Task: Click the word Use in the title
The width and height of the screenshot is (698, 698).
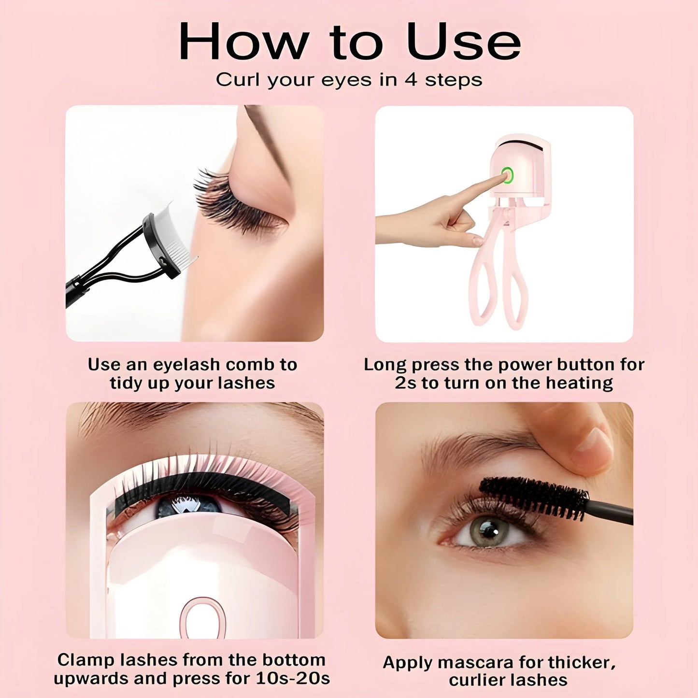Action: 464,42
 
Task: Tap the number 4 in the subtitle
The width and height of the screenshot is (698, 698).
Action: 411,80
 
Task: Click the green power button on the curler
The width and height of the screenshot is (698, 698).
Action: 507,175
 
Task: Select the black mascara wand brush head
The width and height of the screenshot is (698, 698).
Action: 534,498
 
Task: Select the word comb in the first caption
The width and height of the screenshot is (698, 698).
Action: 251,365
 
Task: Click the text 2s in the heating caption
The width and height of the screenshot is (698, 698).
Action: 405,384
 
